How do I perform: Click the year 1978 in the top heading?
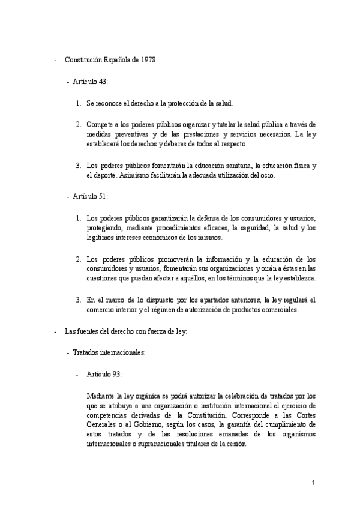pyautogui.click(x=148, y=60)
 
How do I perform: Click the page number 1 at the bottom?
pyautogui.click(x=313, y=482)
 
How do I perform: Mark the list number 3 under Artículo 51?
pyautogui.click(x=78, y=300)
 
